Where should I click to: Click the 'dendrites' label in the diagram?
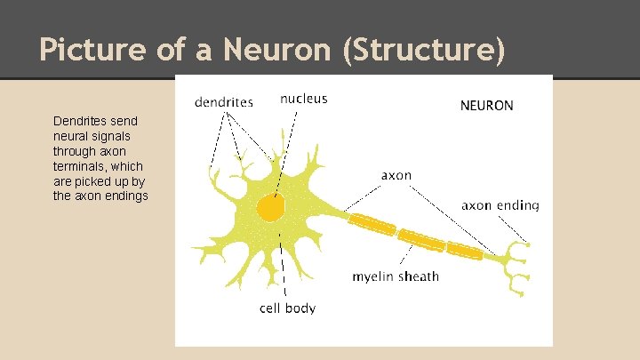224,102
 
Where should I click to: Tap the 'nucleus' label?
304,99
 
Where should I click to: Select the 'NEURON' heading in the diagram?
486,106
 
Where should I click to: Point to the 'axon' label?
396,175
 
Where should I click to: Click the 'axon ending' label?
500,205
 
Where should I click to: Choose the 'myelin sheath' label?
396,276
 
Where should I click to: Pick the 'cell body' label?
287,308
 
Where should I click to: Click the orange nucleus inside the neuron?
271,208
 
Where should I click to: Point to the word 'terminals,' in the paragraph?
78,166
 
